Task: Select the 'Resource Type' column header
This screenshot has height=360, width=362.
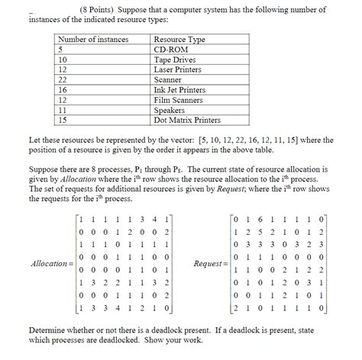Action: click(x=179, y=38)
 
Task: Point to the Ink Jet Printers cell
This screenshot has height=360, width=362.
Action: click(x=179, y=90)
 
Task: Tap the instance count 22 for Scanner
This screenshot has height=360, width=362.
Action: click(x=63, y=79)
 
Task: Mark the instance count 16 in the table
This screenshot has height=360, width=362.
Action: click(x=63, y=90)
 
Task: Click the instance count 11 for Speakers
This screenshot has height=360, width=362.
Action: click(x=63, y=110)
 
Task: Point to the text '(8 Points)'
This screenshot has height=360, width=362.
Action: click(x=98, y=10)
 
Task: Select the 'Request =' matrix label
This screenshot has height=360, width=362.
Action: click(x=211, y=263)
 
